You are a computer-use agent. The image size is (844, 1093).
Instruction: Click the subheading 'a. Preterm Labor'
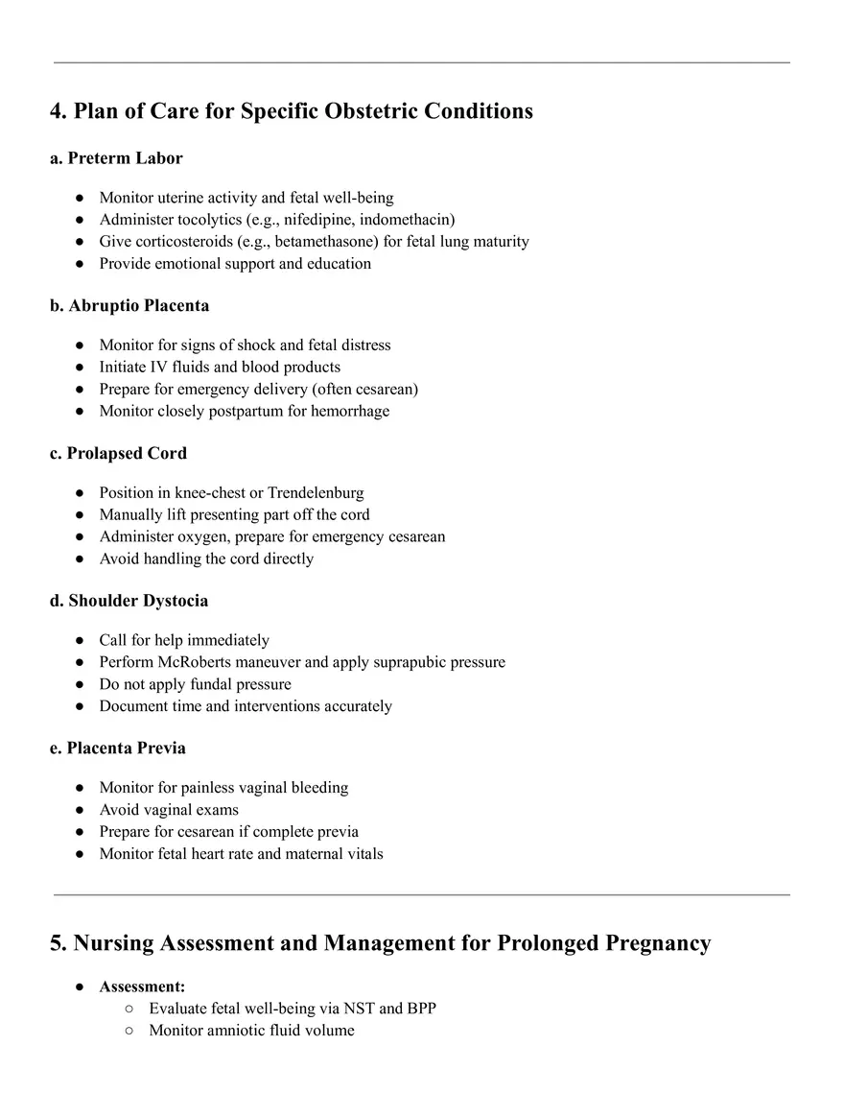pos(116,157)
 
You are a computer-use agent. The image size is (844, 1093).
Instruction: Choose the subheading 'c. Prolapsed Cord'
pos(118,453)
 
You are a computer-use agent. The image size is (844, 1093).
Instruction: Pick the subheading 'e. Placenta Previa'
pos(118,748)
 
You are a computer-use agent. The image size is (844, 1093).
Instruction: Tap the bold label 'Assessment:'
pos(143,986)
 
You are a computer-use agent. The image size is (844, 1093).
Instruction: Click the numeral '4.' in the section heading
pos(59,111)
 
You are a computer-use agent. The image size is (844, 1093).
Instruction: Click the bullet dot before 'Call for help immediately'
pos(79,640)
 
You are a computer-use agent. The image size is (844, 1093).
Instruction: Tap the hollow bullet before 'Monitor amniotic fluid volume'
pos(129,1031)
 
